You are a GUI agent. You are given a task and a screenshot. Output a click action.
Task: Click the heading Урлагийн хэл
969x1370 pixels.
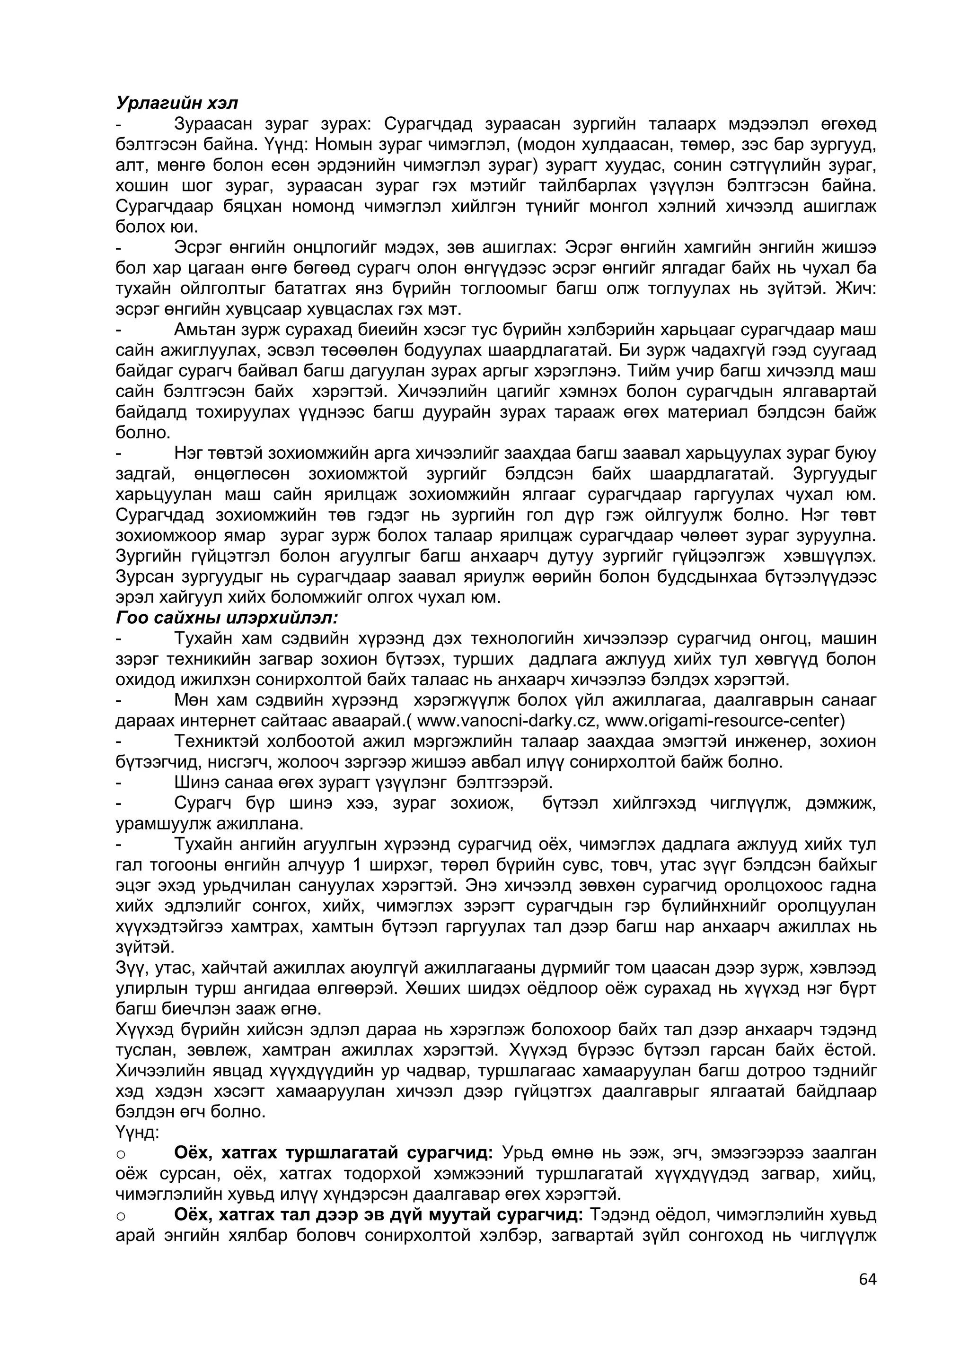click(177, 103)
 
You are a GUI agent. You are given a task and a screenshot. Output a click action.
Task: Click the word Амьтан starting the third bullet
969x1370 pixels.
click(207, 330)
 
